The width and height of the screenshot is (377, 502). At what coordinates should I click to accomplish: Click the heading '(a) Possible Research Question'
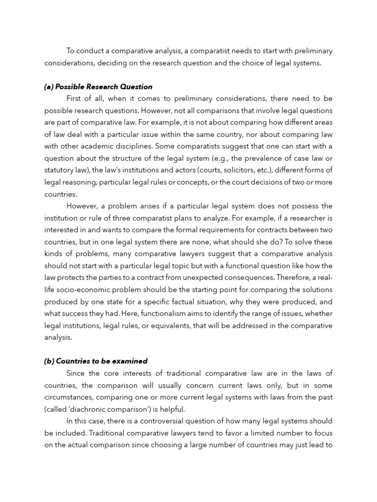[x=98, y=87]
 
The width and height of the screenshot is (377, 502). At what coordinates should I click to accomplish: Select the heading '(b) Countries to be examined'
[x=96, y=361]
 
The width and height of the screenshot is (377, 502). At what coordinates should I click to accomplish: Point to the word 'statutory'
[x=59, y=170]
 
